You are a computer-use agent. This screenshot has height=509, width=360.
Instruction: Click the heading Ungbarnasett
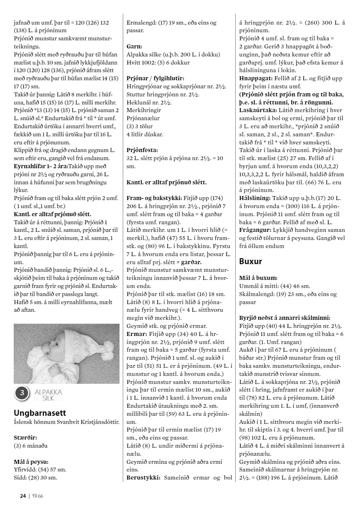pyautogui.click(x=40, y=413)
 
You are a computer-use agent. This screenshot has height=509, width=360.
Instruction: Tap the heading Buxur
pyautogui.click(x=251, y=261)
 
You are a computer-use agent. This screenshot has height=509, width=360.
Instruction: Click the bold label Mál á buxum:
pyautogui.click(x=258, y=278)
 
